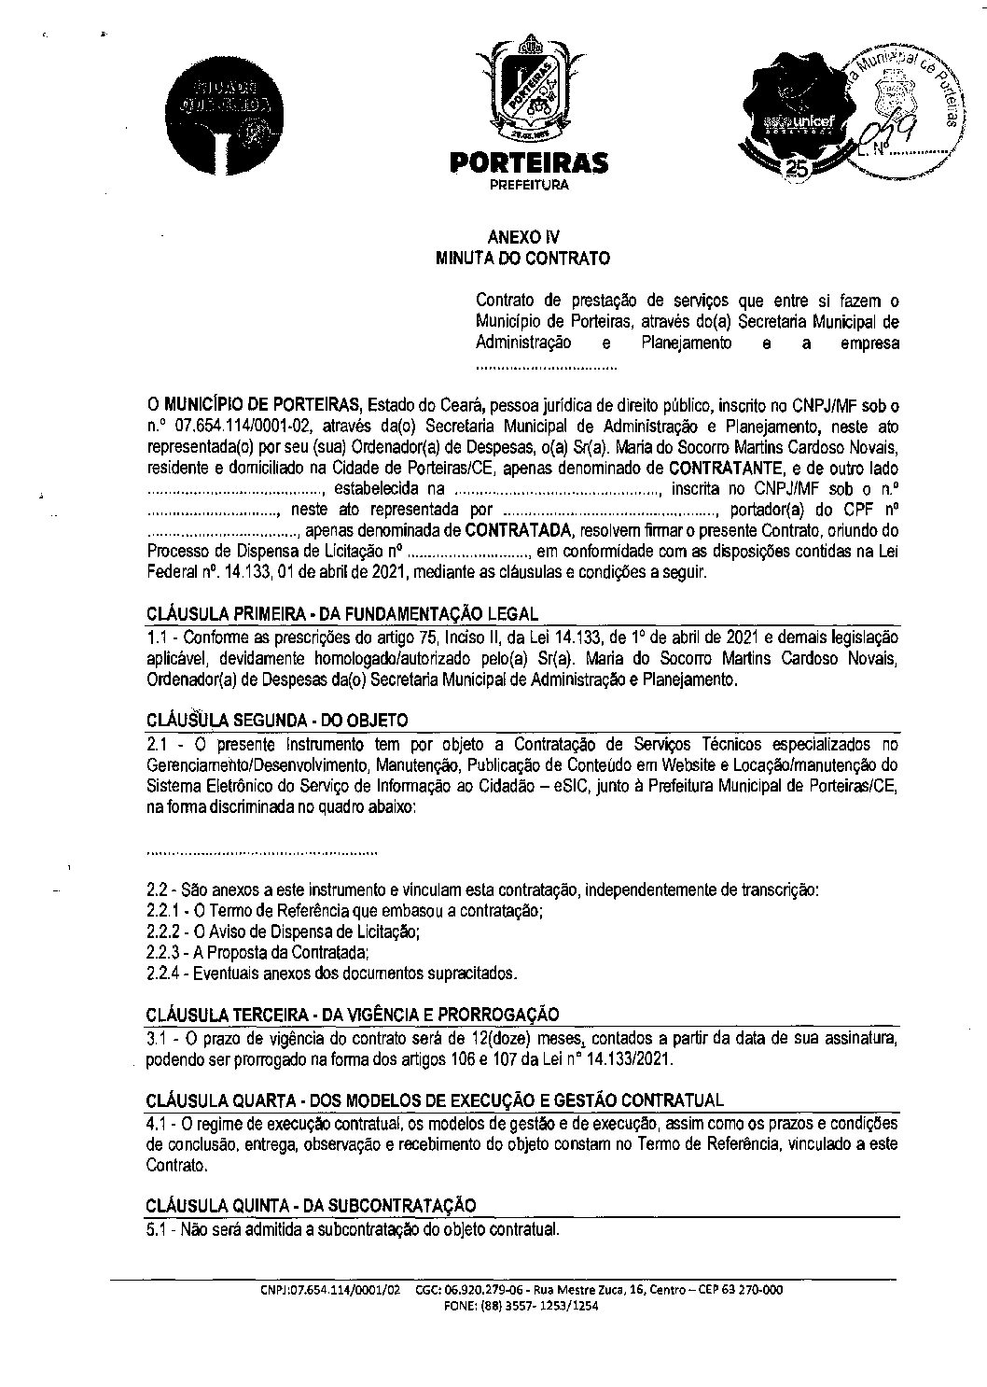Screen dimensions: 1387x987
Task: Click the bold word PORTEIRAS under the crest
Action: point(528,162)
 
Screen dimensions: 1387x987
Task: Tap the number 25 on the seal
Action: point(797,169)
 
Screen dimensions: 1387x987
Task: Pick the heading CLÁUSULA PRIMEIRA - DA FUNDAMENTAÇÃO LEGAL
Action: point(342,613)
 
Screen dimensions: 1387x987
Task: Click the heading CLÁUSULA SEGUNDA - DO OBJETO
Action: point(277,721)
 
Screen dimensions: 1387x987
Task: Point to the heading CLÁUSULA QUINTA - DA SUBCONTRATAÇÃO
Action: point(311,1205)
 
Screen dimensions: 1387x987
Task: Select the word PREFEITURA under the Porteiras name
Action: point(528,185)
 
